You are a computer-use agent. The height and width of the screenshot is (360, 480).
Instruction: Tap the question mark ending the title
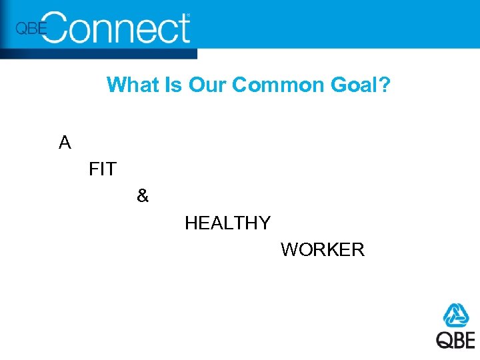pos(384,85)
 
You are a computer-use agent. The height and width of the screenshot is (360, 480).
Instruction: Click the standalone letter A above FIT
pos(65,143)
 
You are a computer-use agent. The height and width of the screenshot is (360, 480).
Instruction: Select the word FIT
pos(102,170)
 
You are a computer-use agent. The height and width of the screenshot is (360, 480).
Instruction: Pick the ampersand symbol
pos(143,196)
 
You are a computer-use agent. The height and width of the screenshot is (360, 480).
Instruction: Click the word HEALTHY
pos(227,223)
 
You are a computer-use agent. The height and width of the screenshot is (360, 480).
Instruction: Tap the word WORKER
pos(323,250)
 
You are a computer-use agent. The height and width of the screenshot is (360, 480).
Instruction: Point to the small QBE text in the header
pos(31,29)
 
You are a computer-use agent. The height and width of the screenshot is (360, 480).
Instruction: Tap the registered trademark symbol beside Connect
pos(187,15)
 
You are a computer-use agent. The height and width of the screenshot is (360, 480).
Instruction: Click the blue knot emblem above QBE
pos(457,315)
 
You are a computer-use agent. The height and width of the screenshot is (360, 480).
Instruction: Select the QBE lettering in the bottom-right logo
pos(456,339)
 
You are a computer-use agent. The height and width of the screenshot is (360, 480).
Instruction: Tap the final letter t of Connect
pos(184,29)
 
